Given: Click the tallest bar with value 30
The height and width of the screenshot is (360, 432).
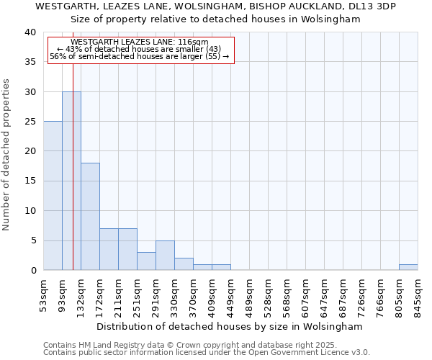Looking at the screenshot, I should [x=71, y=181].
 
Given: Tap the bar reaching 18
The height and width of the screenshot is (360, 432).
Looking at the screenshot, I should [x=90, y=216].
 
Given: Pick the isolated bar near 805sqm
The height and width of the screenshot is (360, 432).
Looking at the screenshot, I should [x=408, y=267].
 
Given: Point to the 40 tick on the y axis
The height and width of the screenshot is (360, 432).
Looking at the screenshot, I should [x=30, y=32].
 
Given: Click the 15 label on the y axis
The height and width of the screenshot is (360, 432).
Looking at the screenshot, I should [x=30, y=181].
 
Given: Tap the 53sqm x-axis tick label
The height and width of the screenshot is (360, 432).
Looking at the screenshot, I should [x=44, y=294].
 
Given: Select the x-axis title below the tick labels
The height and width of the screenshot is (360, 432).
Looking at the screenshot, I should [x=230, y=327].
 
